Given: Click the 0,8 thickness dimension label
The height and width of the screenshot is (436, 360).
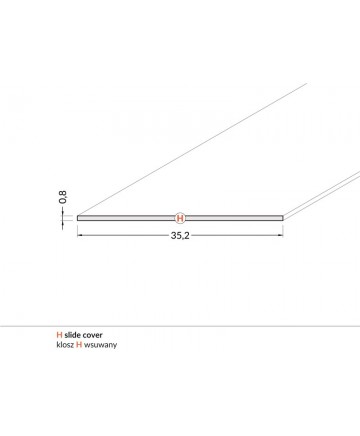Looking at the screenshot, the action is (x=63, y=197).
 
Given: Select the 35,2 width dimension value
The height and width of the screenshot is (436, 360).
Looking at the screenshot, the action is (x=180, y=235).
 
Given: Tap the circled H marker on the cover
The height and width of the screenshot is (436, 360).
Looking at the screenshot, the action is (x=180, y=218).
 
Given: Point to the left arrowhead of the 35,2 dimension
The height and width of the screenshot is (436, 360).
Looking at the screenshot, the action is (x=80, y=235).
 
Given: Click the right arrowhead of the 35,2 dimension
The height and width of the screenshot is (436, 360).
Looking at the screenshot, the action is (x=280, y=235).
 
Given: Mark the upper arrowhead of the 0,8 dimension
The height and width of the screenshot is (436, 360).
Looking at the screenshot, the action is (x=62, y=213).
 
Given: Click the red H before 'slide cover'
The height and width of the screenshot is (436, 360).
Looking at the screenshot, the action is (x=59, y=335).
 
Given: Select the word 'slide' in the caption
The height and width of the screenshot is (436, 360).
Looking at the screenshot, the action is (x=72, y=335).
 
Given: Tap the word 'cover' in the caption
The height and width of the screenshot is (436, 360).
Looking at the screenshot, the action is (x=92, y=335).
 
